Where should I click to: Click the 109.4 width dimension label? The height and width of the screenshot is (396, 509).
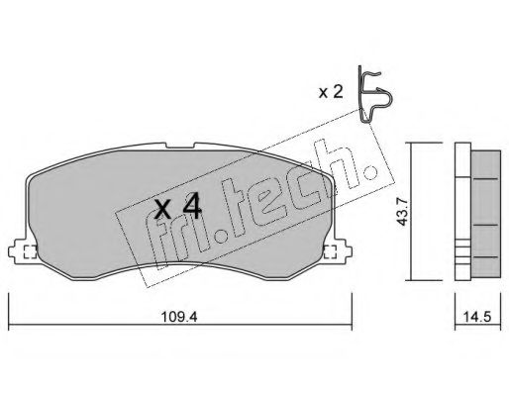pyautogui.click(x=179, y=317)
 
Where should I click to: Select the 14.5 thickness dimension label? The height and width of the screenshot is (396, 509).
pyautogui.click(x=477, y=317)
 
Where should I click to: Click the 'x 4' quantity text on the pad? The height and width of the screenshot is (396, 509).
pyautogui.click(x=178, y=208)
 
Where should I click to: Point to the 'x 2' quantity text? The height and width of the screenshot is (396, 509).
pyautogui.click(x=331, y=92)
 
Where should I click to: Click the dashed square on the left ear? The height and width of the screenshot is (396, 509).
pyautogui.click(x=31, y=252)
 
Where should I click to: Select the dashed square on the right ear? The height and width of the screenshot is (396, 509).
pyautogui.click(x=330, y=252)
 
